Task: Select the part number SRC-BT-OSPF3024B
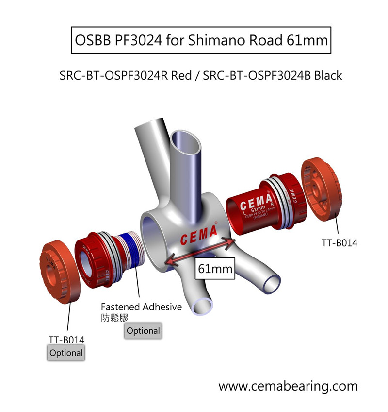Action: point(257,76)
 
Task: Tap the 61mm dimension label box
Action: point(214,268)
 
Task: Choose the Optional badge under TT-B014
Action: point(66,353)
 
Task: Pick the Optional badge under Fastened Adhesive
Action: point(143,331)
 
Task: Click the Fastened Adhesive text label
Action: point(141,307)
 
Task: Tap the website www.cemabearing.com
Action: point(288,386)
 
